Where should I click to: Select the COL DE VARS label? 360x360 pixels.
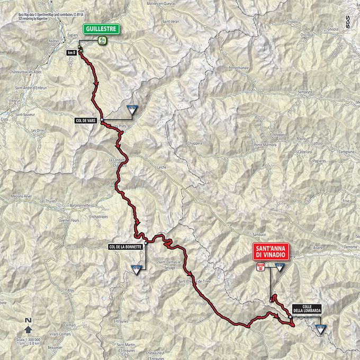[85, 121]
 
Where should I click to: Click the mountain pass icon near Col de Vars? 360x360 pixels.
[132, 110]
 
